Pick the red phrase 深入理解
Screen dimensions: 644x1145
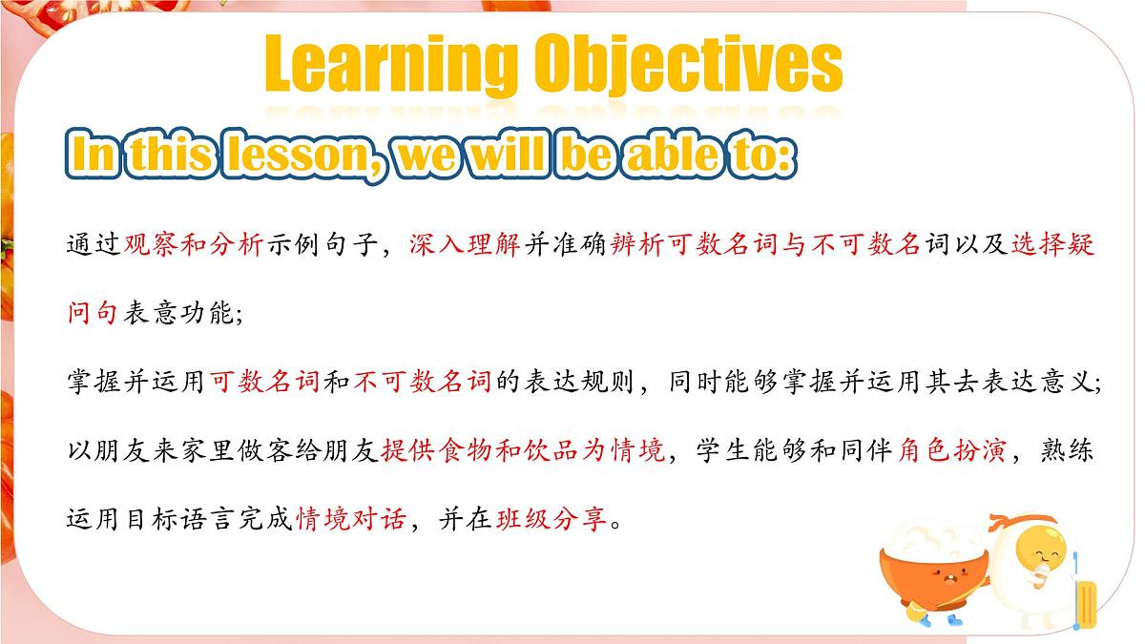465,244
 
